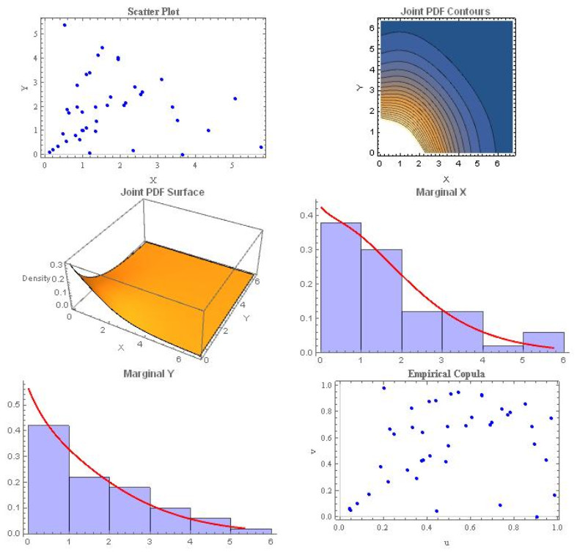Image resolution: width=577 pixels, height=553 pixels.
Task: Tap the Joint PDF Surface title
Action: click(162, 192)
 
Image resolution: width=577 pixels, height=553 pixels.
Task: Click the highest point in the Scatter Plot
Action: click(65, 25)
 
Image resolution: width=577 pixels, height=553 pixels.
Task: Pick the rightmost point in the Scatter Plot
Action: click(261, 147)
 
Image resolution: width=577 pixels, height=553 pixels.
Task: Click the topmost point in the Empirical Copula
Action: click(383, 388)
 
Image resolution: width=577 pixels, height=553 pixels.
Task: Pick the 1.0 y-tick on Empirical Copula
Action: click(328, 384)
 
